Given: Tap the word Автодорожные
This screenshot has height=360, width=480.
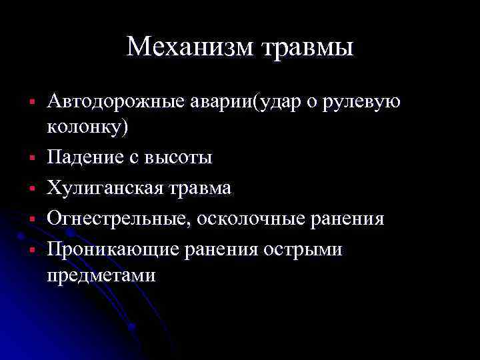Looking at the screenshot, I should (x=109, y=102).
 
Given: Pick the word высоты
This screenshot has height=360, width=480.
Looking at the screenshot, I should (x=179, y=157).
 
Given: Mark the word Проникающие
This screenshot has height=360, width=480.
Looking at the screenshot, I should (x=109, y=250).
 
